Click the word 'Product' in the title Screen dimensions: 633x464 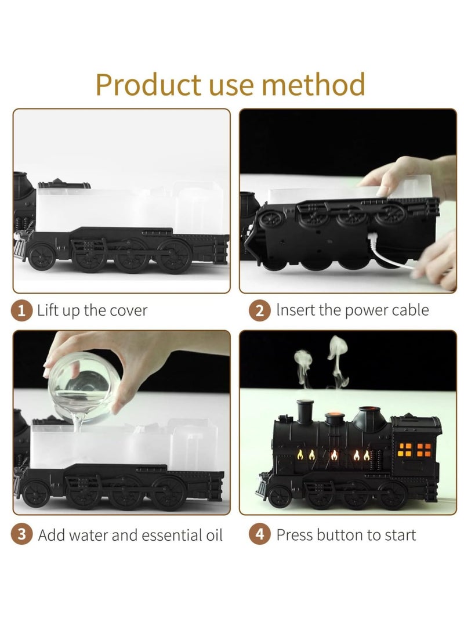147,85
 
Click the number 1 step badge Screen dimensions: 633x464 22,310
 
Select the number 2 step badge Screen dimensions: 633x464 260,310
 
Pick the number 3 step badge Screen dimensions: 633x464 22,534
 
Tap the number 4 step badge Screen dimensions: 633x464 260,534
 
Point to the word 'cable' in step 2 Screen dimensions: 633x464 408,310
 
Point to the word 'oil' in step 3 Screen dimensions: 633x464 212,534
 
